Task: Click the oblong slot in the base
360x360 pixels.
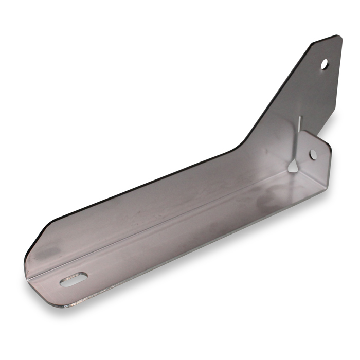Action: coord(74,279)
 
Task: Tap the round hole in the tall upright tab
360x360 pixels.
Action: coord(324,64)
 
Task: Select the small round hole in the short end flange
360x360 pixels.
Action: coord(313,154)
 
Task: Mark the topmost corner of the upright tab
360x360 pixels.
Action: coord(339,35)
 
